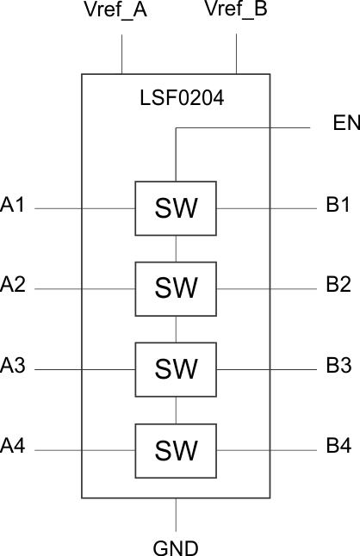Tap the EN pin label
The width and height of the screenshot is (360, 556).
click(344, 123)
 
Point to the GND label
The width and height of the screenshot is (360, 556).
click(176, 546)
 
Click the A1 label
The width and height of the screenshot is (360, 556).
click(14, 205)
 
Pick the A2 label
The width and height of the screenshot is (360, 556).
click(14, 286)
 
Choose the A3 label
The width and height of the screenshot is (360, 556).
click(14, 366)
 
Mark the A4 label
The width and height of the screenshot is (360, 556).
click(14, 447)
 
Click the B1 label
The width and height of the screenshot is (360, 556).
click(338, 205)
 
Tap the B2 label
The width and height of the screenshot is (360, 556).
click(338, 286)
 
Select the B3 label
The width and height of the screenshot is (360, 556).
click(338, 366)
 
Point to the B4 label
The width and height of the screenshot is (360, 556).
click(338, 447)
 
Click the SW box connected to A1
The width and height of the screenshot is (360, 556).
click(176, 208)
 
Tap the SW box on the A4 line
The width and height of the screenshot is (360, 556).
click(176, 449)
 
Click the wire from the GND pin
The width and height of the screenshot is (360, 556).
click(176, 515)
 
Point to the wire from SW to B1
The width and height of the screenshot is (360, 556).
click(267, 208)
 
